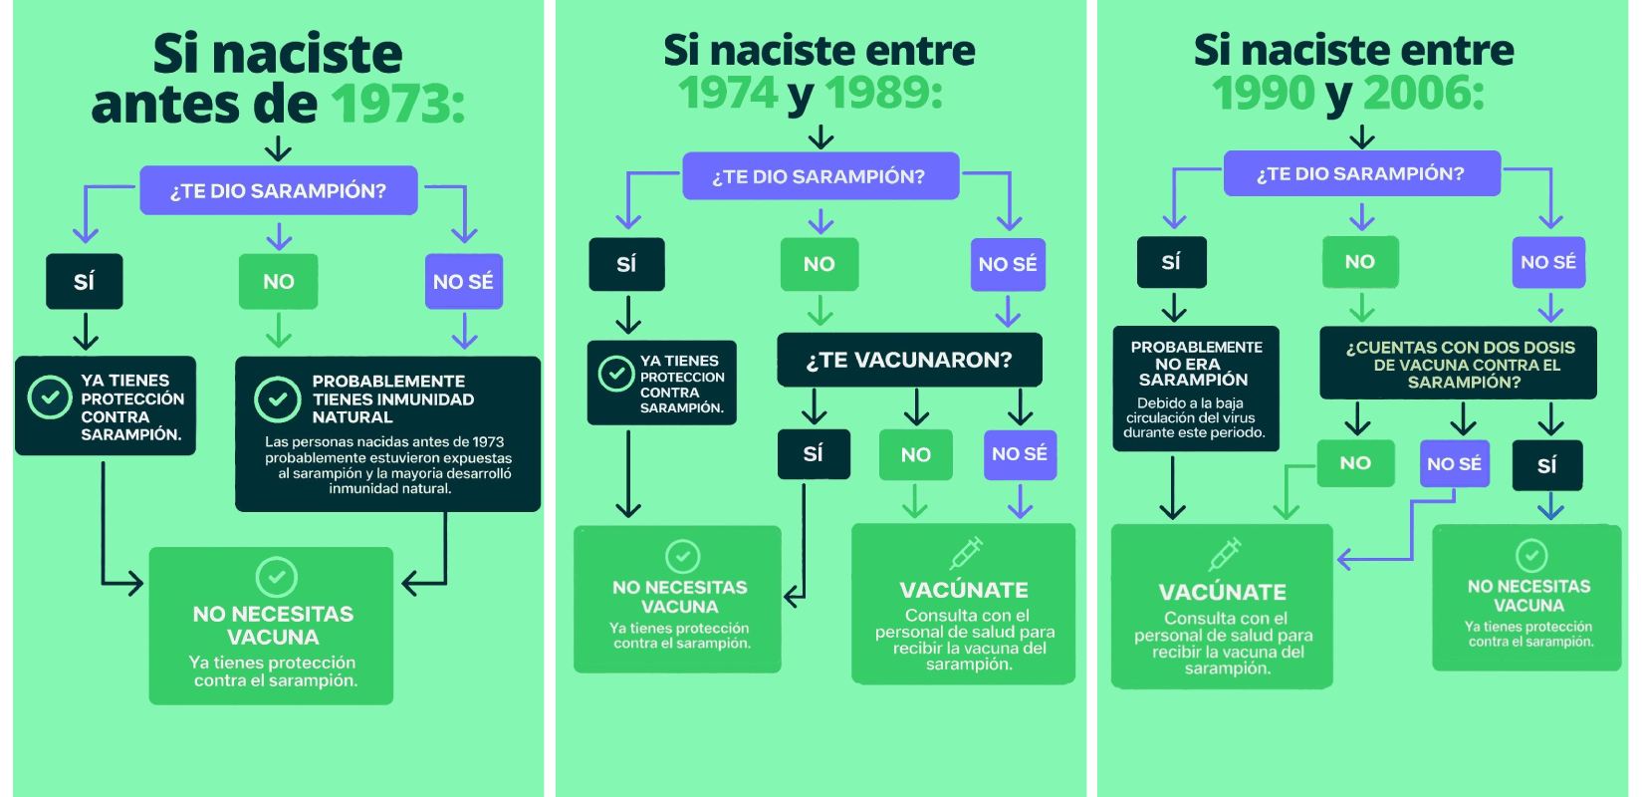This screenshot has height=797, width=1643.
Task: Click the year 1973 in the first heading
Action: pos(397,104)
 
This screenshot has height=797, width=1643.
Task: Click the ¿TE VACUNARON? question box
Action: pos(909,360)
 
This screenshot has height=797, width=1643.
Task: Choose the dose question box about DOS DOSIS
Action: pos(1459,364)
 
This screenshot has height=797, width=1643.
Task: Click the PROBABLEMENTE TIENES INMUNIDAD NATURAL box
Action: pos(387,433)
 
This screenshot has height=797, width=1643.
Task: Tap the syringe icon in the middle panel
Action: pos(965,553)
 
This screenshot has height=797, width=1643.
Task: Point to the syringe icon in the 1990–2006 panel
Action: pos(1224,554)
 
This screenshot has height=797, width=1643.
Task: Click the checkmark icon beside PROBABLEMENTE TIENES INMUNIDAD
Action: pos(277,399)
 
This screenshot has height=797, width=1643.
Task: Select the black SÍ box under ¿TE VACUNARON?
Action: pos(814,454)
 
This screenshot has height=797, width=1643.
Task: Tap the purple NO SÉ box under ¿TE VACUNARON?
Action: pos(1019,454)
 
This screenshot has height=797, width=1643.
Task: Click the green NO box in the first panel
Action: pos(279,282)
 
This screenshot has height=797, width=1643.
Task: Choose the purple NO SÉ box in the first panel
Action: pos(463,282)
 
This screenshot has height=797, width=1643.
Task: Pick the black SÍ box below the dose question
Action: pos(1546,465)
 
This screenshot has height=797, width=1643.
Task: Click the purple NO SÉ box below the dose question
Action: pos(1454,464)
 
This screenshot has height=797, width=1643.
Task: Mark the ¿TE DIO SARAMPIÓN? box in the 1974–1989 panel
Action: pos(819,176)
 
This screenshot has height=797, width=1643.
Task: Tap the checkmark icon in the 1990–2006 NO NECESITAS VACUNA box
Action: pos(1530,555)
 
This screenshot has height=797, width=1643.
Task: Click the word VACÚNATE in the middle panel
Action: pos(964,590)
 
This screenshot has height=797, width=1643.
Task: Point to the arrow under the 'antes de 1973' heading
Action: pos(278,149)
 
